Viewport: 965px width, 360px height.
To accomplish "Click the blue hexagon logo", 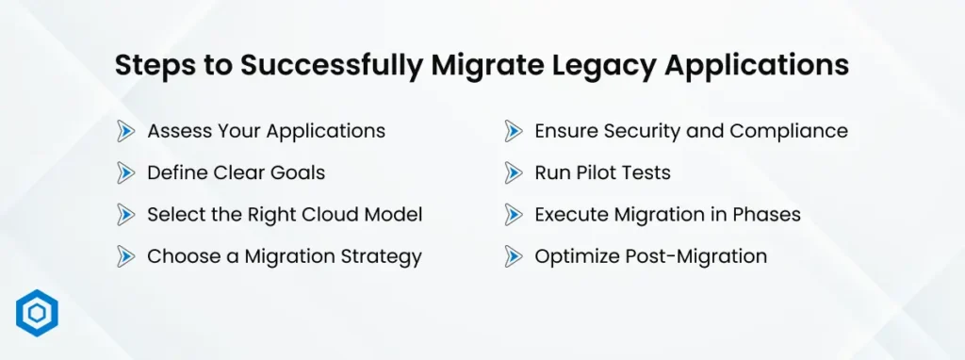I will (37, 314).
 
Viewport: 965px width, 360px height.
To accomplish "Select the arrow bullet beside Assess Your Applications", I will (125, 131).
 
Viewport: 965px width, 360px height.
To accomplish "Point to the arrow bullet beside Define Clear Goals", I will (125, 172).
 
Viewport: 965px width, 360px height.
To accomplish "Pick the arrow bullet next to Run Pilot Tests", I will (513, 172).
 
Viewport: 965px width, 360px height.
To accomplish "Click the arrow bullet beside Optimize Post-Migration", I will (513, 255).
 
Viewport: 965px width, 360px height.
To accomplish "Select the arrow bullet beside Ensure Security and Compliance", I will (513, 131).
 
